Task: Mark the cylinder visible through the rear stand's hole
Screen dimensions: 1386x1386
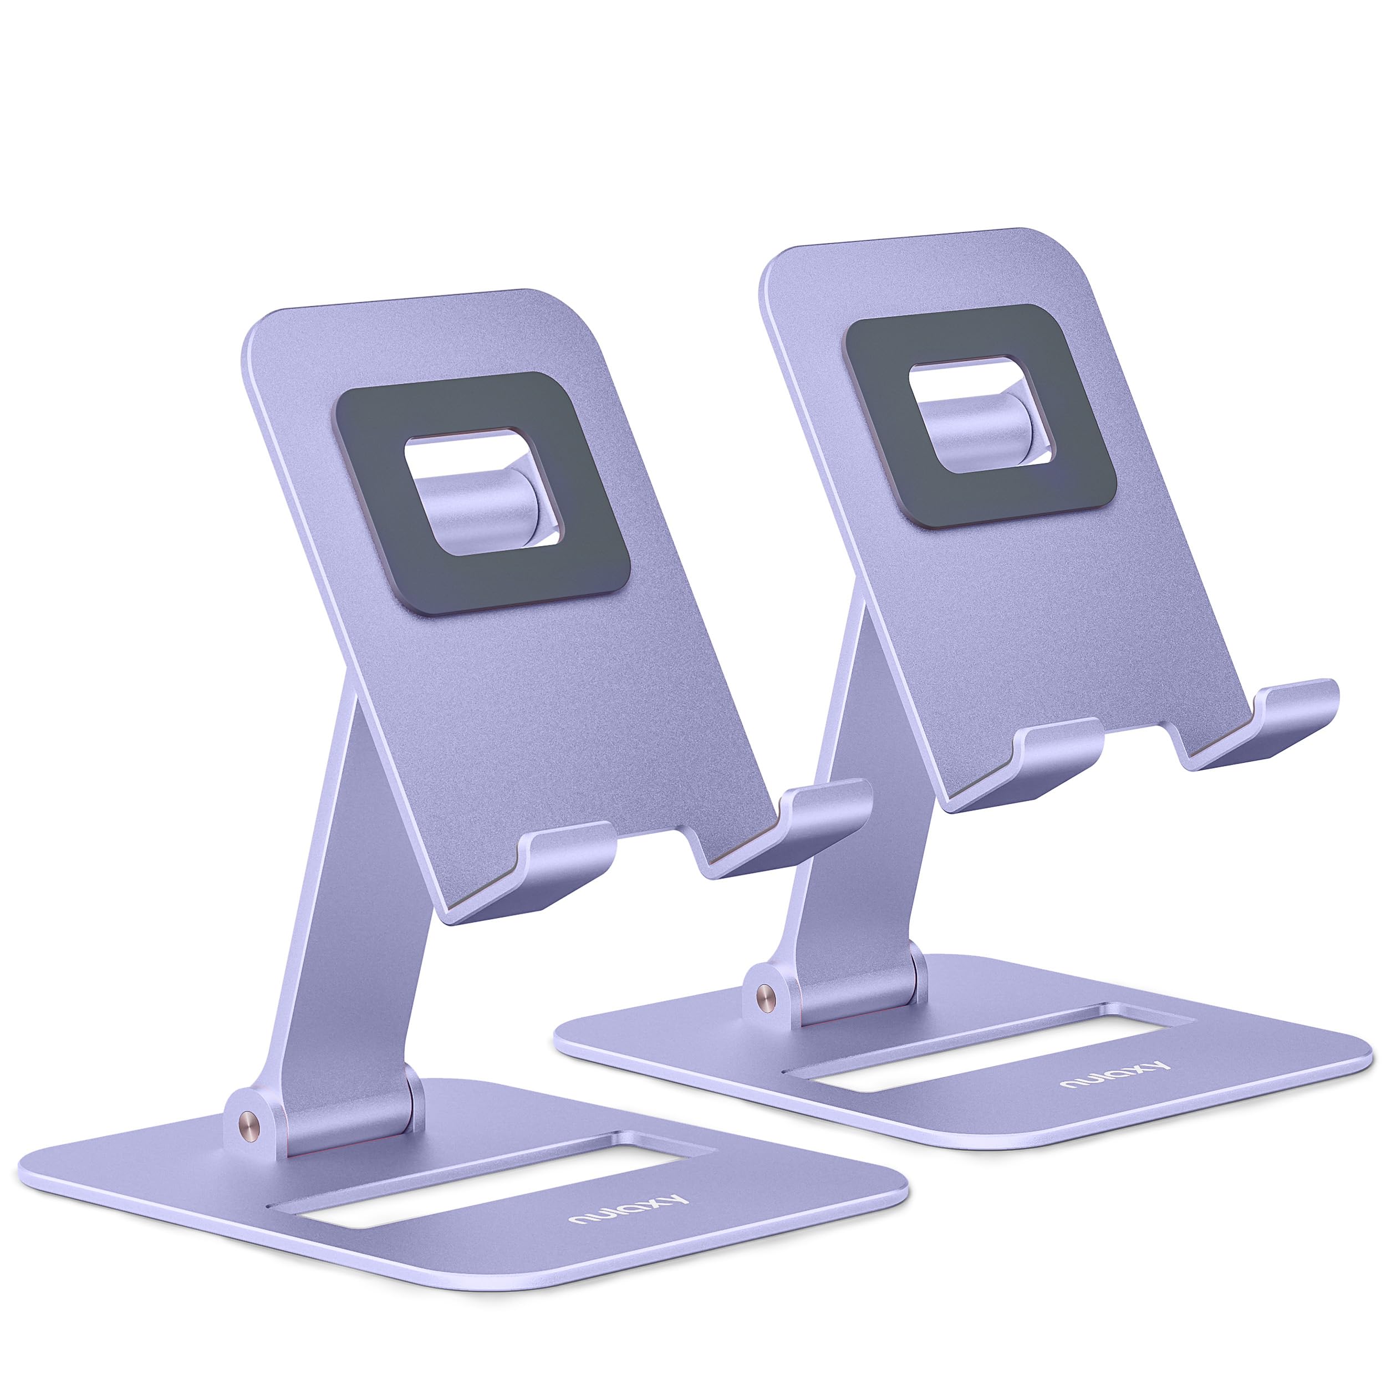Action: coord(976,427)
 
